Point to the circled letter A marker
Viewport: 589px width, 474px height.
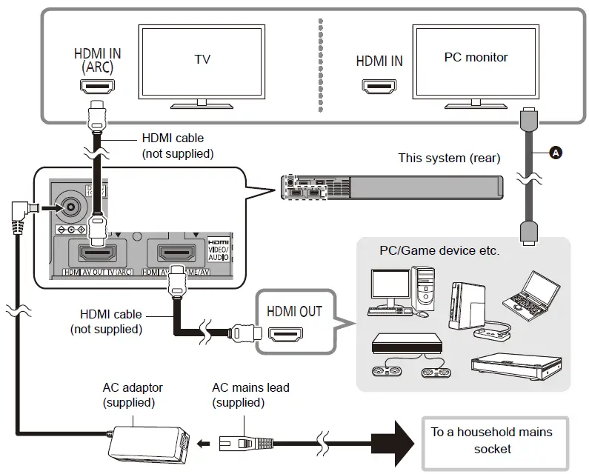555,152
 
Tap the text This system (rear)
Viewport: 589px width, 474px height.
448,158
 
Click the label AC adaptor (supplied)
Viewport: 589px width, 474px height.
133,395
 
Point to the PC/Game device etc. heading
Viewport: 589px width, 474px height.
439,250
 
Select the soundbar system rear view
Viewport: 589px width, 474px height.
392,186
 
